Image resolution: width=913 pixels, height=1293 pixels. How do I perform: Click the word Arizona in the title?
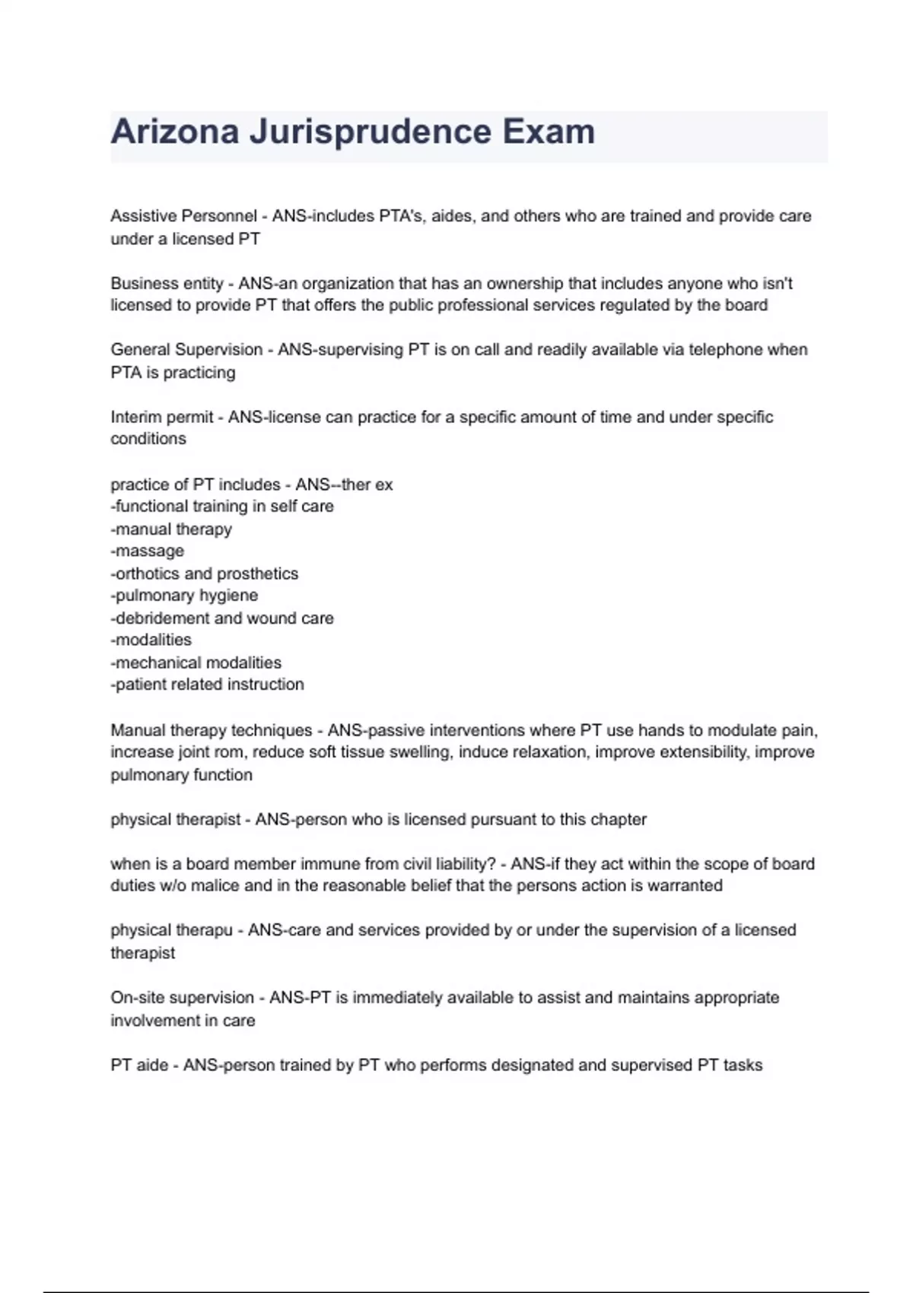pyautogui.click(x=175, y=132)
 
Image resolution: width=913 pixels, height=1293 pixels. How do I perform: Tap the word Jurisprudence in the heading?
pyautogui.click(x=371, y=132)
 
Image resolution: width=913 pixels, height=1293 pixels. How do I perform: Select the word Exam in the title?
pyautogui.click(x=549, y=132)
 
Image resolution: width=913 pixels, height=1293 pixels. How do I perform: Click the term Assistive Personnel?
pyautogui.click(x=183, y=216)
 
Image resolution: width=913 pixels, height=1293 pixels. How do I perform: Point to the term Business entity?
pyautogui.click(x=167, y=284)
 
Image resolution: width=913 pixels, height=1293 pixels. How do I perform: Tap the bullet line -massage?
pyautogui.click(x=148, y=551)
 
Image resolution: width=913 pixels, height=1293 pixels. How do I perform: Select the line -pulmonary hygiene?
pyautogui.click(x=184, y=596)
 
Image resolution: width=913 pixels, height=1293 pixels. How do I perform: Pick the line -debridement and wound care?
pyautogui.click(x=222, y=618)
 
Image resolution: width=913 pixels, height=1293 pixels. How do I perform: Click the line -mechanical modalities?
pyautogui.click(x=196, y=662)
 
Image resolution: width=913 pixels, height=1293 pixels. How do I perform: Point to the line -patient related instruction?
pyautogui.click(x=207, y=685)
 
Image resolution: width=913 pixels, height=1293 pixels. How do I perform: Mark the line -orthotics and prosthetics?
pyautogui.click(x=204, y=573)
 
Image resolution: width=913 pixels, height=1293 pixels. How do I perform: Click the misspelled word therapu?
pyautogui.click(x=204, y=930)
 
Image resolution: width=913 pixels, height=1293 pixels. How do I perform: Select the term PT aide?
pyautogui.click(x=139, y=1066)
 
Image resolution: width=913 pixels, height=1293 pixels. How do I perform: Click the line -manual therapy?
pyautogui.click(x=171, y=529)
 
